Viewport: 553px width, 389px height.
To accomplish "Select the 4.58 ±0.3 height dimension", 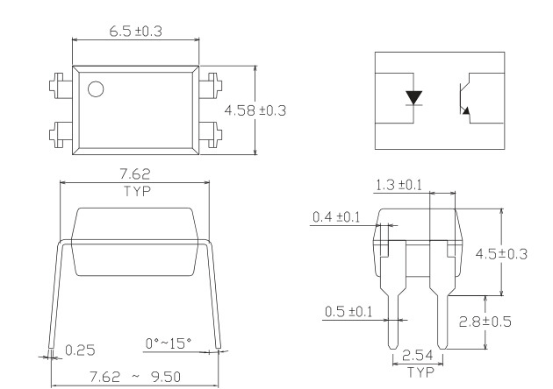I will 256,110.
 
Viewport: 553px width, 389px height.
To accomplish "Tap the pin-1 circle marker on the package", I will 95,88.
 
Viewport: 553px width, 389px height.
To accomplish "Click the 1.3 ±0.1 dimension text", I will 399,185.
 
